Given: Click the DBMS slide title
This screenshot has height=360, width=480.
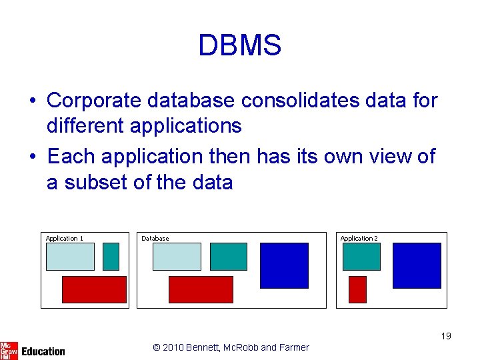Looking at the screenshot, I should (x=240, y=45).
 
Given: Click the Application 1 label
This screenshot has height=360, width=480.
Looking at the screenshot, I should (x=65, y=238).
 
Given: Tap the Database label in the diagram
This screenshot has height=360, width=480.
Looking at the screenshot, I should (x=155, y=238).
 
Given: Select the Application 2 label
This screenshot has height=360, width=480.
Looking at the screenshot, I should (x=359, y=238).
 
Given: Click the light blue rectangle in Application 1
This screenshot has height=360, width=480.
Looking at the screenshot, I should (x=70, y=257).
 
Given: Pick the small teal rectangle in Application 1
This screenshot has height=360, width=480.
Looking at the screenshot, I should (x=111, y=257).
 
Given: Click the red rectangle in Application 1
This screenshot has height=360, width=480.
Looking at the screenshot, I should (x=94, y=289).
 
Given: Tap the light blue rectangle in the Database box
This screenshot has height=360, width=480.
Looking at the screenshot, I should (x=177, y=257).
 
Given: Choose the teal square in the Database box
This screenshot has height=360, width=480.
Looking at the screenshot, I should (x=229, y=257).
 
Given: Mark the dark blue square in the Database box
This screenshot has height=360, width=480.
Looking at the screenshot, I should (x=284, y=265).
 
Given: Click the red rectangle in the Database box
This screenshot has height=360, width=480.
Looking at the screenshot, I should (x=201, y=289).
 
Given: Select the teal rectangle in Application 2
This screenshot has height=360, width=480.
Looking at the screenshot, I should (x=361, y=257).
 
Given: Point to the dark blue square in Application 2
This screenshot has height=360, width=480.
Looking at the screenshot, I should (x=417, y=265).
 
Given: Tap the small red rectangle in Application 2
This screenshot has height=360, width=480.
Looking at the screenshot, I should (x=358, y=289).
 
